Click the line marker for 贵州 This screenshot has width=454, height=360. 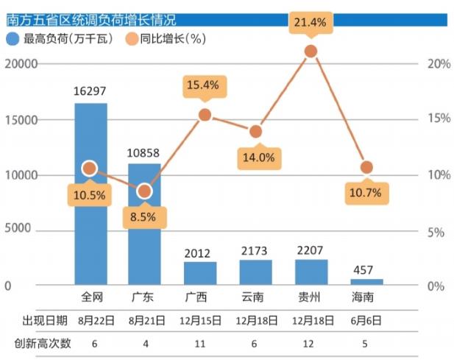[311, 51]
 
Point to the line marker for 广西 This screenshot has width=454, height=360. [205, 114]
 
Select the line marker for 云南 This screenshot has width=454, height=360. [255, 131]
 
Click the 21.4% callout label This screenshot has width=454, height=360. [310, 22]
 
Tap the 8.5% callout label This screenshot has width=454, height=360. [144, 218]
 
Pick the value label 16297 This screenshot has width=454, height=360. [91, 92]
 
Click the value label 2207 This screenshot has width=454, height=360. [311, 250]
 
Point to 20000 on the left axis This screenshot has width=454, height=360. [21, 64]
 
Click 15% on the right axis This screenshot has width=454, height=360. [439, 119]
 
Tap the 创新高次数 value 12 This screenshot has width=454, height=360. [311, 343]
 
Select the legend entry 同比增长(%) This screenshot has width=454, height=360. [167, 38]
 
